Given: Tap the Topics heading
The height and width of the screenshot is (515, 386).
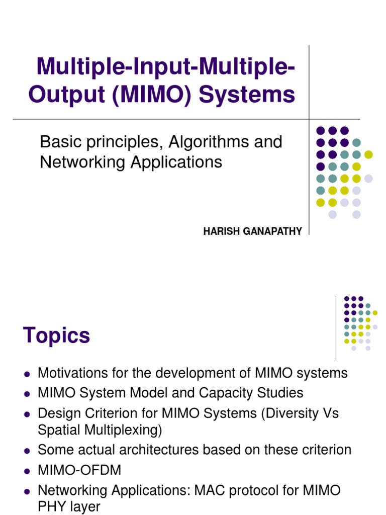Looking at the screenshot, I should pos(56,335).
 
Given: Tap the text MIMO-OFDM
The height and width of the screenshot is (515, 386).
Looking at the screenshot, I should pos(79,470).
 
